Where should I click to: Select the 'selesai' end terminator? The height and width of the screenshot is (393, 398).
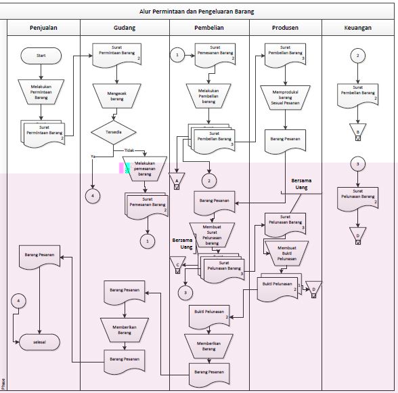click(x=41, y=342)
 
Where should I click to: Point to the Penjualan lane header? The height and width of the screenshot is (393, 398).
click(x=43, y=27)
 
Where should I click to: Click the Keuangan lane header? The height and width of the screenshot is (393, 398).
click(x=357, y=27)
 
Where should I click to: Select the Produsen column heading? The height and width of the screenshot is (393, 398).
click(x=285, y=27)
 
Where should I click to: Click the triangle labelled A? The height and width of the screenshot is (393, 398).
click(x=177, y=181)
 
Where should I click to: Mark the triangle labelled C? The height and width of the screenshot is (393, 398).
click(x=177, y=264)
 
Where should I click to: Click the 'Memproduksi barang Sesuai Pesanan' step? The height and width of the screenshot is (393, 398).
click(x=285, y=98)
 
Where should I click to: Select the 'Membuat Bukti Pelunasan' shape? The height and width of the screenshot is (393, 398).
click(x=286, y=253)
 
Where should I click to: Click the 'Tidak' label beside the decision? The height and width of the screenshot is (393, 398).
click(x=129, y=149)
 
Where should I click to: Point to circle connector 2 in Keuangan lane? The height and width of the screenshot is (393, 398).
click(x=358, y=56)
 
